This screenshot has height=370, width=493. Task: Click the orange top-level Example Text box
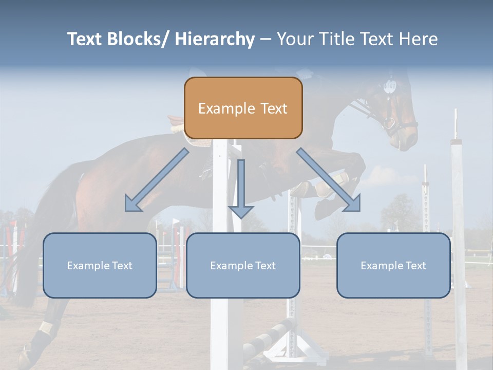[243, 108]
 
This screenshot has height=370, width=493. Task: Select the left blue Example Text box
[100, 265]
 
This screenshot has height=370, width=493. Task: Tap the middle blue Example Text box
[243, 265]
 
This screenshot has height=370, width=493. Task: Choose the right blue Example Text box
[393, 265]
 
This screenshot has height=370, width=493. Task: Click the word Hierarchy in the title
[215, 39]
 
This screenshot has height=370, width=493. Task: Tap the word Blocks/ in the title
[139, 39]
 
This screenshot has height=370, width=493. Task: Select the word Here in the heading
[418, 39]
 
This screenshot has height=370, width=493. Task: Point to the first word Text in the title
[85, 39]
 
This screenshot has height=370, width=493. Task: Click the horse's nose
[408, 141]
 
